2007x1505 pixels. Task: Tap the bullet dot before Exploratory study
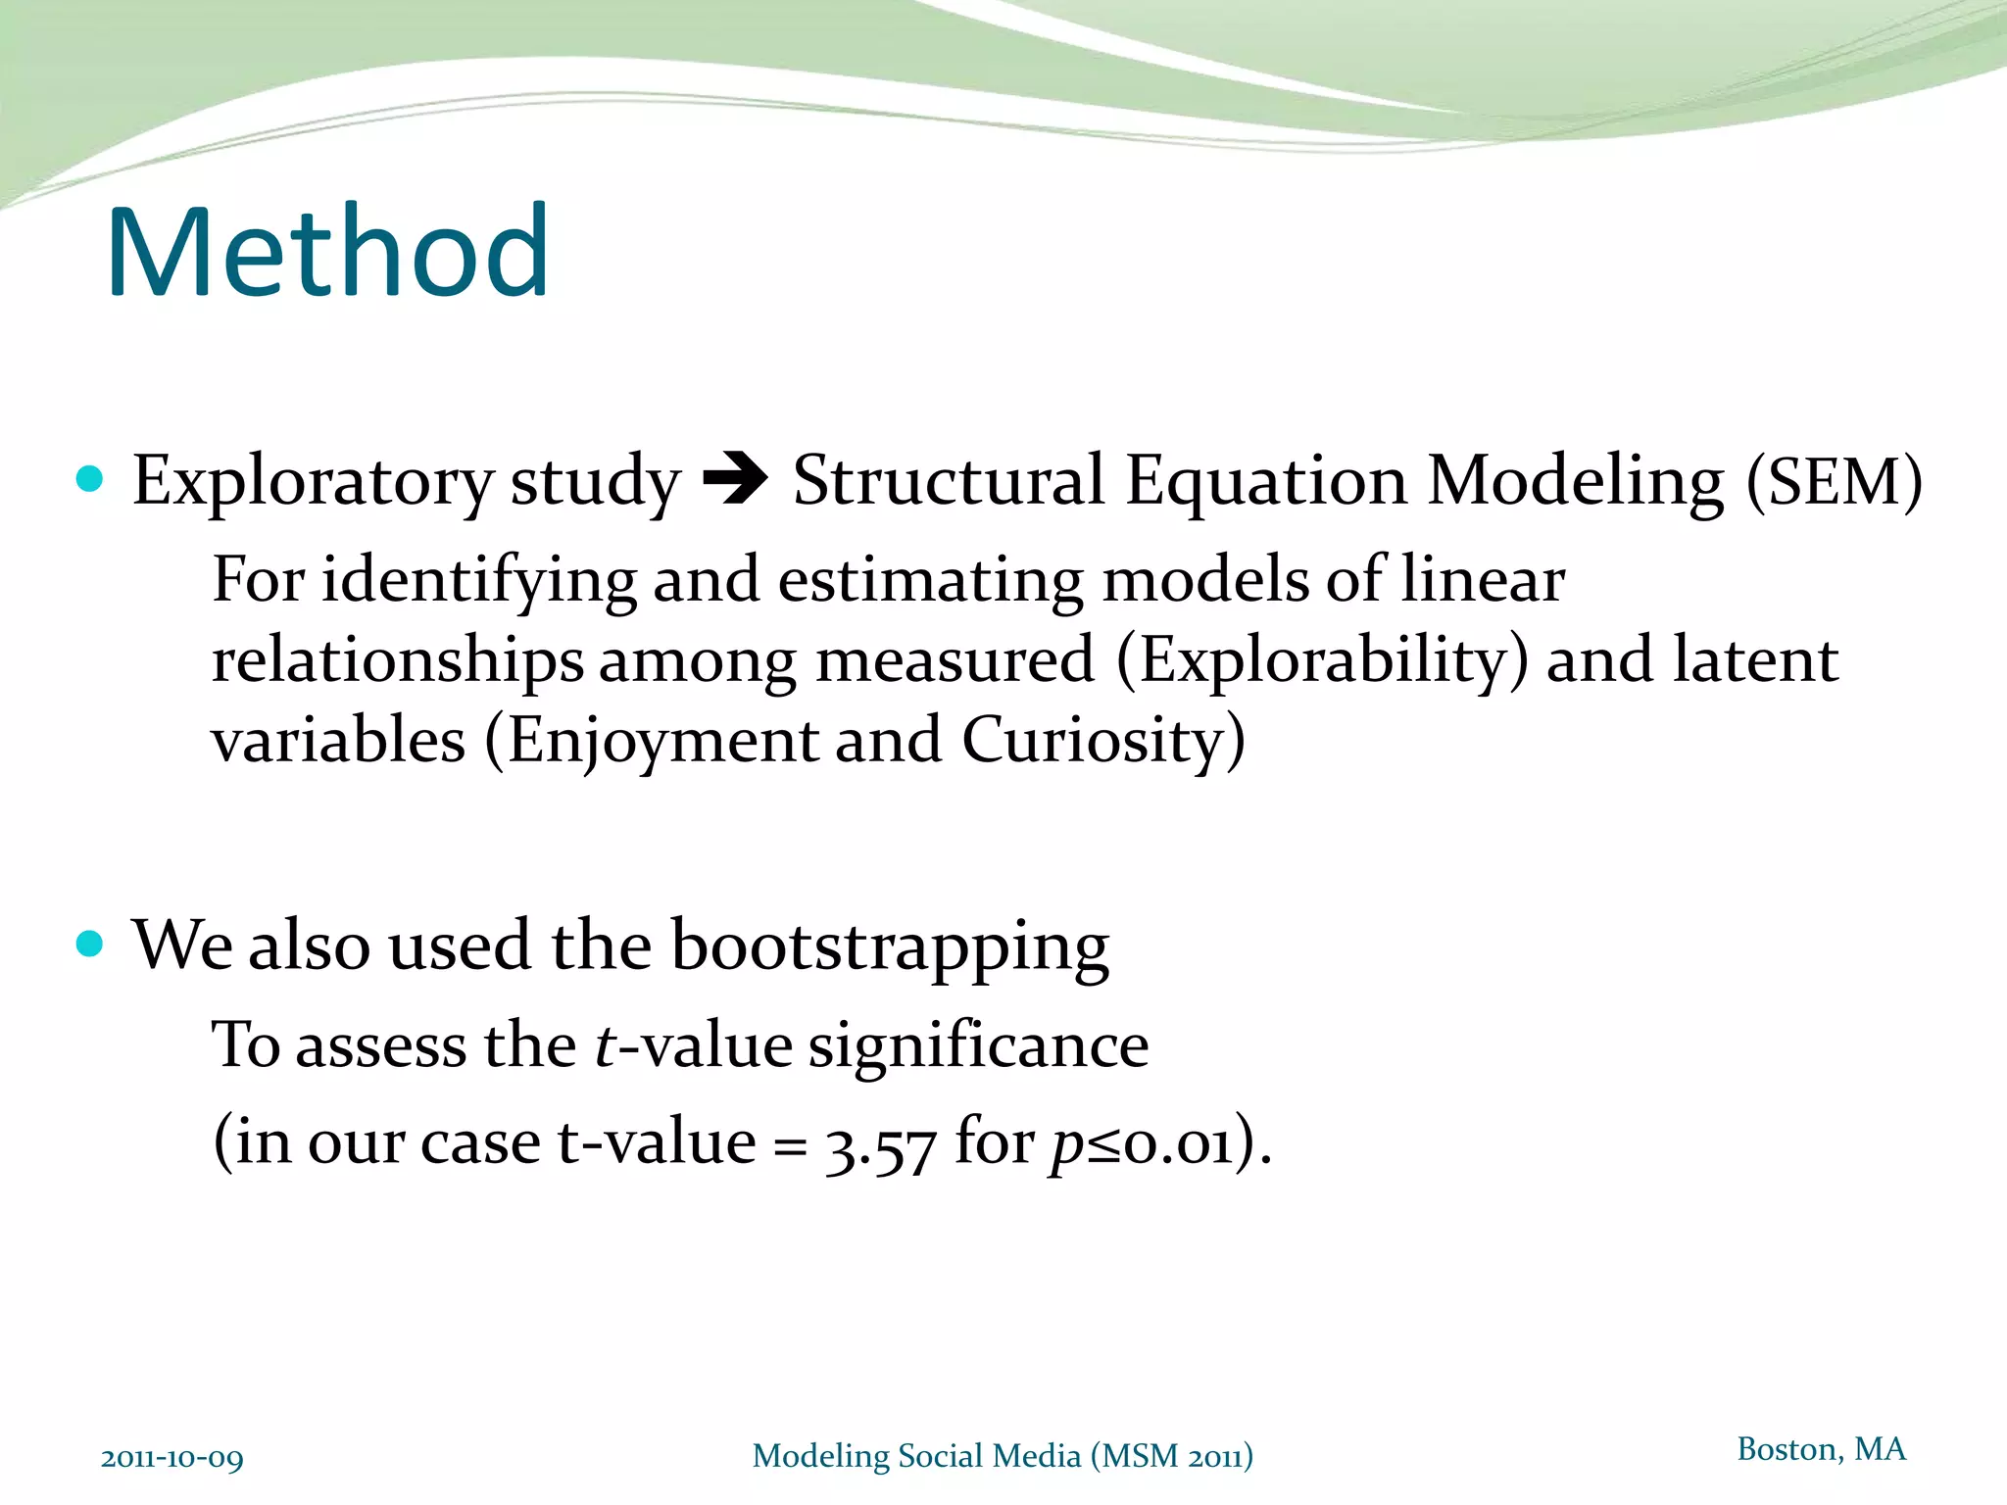90,479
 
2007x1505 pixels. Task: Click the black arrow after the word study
736,480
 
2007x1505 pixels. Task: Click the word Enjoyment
662,740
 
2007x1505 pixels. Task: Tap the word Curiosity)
1103,740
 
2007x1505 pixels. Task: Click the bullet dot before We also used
90,944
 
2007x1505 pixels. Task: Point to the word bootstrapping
890,947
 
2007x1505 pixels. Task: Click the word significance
978,1045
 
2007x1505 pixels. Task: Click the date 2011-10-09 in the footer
171,1458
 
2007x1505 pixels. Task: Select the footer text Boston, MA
1821,1449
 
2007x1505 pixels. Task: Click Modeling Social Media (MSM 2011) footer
1003,1456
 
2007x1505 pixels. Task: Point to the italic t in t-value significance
606,1045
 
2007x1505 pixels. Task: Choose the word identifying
479,581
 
